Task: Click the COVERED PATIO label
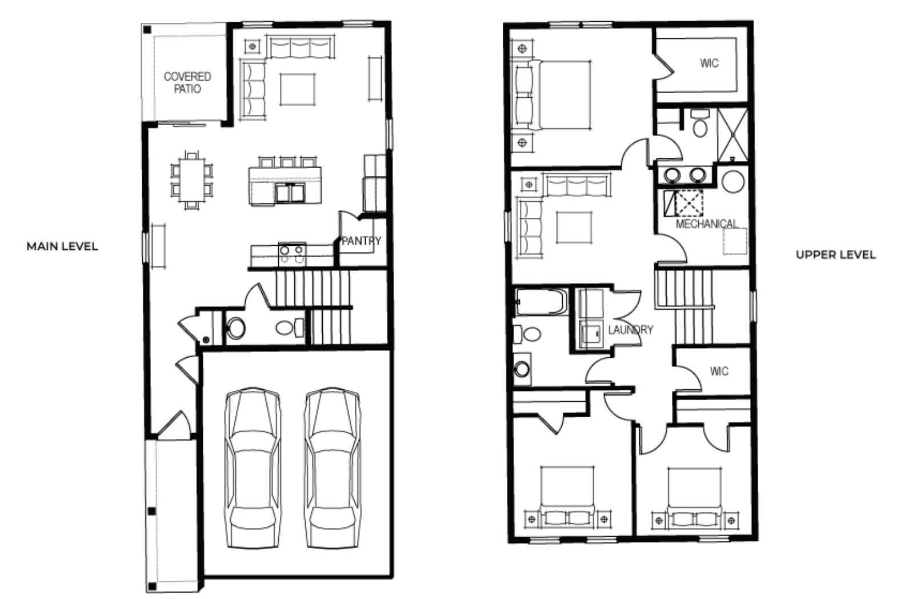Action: (x=187, y=83)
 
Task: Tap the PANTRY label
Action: (x=361, y=241)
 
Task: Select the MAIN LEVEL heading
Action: (x=62, y=246)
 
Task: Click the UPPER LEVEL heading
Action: (x=835, y=255)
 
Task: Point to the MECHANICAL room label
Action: (x=706, y=224)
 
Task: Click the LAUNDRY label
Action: (x=630, y=330)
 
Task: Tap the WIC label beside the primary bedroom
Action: (x=709, y=63)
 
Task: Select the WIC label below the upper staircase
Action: (x=719, y=372)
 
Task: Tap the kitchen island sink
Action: (x=290, y=193)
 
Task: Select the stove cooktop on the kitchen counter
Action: (x=292, y=253)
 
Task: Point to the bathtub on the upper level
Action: (x=540, y=301)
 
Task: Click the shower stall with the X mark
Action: (x=732, y=134)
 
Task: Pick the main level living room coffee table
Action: (x=297, y=90)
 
